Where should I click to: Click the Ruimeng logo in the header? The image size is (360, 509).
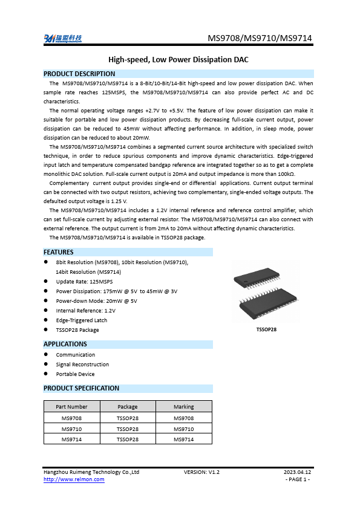point(63,39)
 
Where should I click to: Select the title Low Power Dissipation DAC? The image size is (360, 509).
point(178,60)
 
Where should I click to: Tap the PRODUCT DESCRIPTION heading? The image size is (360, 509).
point(79,74)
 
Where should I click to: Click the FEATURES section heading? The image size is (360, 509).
point(59,252)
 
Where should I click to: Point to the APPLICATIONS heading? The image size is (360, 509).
point(65,344)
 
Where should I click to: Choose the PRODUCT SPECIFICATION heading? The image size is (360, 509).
point(82,388)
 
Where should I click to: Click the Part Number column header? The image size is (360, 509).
point(71,407)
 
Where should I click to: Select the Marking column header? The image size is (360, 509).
point(183,407)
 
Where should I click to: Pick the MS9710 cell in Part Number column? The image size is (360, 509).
point(71,429)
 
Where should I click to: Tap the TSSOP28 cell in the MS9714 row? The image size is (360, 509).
point(127,439)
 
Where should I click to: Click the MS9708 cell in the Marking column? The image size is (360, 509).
point(183,418)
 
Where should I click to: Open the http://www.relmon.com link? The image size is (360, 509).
point(74,479)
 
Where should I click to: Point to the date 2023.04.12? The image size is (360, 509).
point(297,472)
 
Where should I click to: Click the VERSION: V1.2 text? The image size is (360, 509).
point(201,472)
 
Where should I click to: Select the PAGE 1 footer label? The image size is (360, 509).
point(297,479)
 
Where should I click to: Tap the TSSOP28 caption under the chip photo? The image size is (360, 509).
point(266,329)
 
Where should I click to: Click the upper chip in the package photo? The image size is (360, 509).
point(257,279)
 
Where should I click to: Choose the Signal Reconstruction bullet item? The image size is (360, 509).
point(82,365)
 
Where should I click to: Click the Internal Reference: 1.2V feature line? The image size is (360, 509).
point(85,311)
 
